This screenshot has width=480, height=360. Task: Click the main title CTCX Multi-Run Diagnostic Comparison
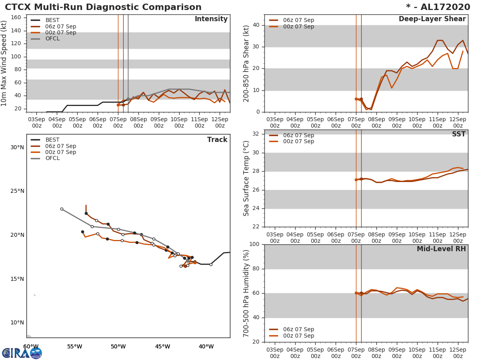(103, 7)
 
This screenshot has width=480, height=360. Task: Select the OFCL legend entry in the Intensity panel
(52, 39)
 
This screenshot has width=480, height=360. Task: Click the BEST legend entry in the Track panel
(52, 140)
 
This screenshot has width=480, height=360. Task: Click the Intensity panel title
(211, 19)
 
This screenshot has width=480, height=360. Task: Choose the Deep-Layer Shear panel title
(432, 19)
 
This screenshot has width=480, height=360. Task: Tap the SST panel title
(458, 134)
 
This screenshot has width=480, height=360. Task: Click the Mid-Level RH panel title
(441, 249)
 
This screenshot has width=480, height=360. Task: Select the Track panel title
(217, 140)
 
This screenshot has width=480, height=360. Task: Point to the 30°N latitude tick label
(17, 147)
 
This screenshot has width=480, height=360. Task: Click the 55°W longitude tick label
(74, 347)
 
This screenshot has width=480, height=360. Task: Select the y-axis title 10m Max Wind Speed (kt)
(4, 64)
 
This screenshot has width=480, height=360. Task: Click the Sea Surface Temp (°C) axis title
(246, 178)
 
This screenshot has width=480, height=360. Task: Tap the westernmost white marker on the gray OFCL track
(62, 209)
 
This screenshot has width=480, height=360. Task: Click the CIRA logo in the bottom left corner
(22, 353)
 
